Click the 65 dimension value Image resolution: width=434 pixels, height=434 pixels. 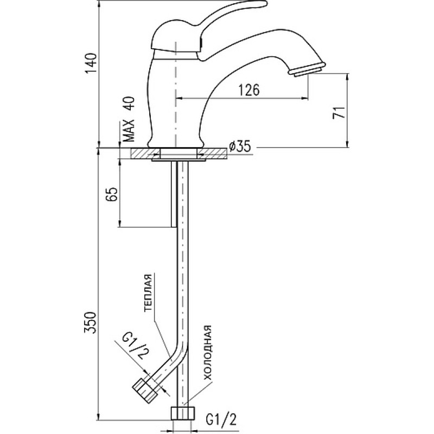(109, 194)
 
